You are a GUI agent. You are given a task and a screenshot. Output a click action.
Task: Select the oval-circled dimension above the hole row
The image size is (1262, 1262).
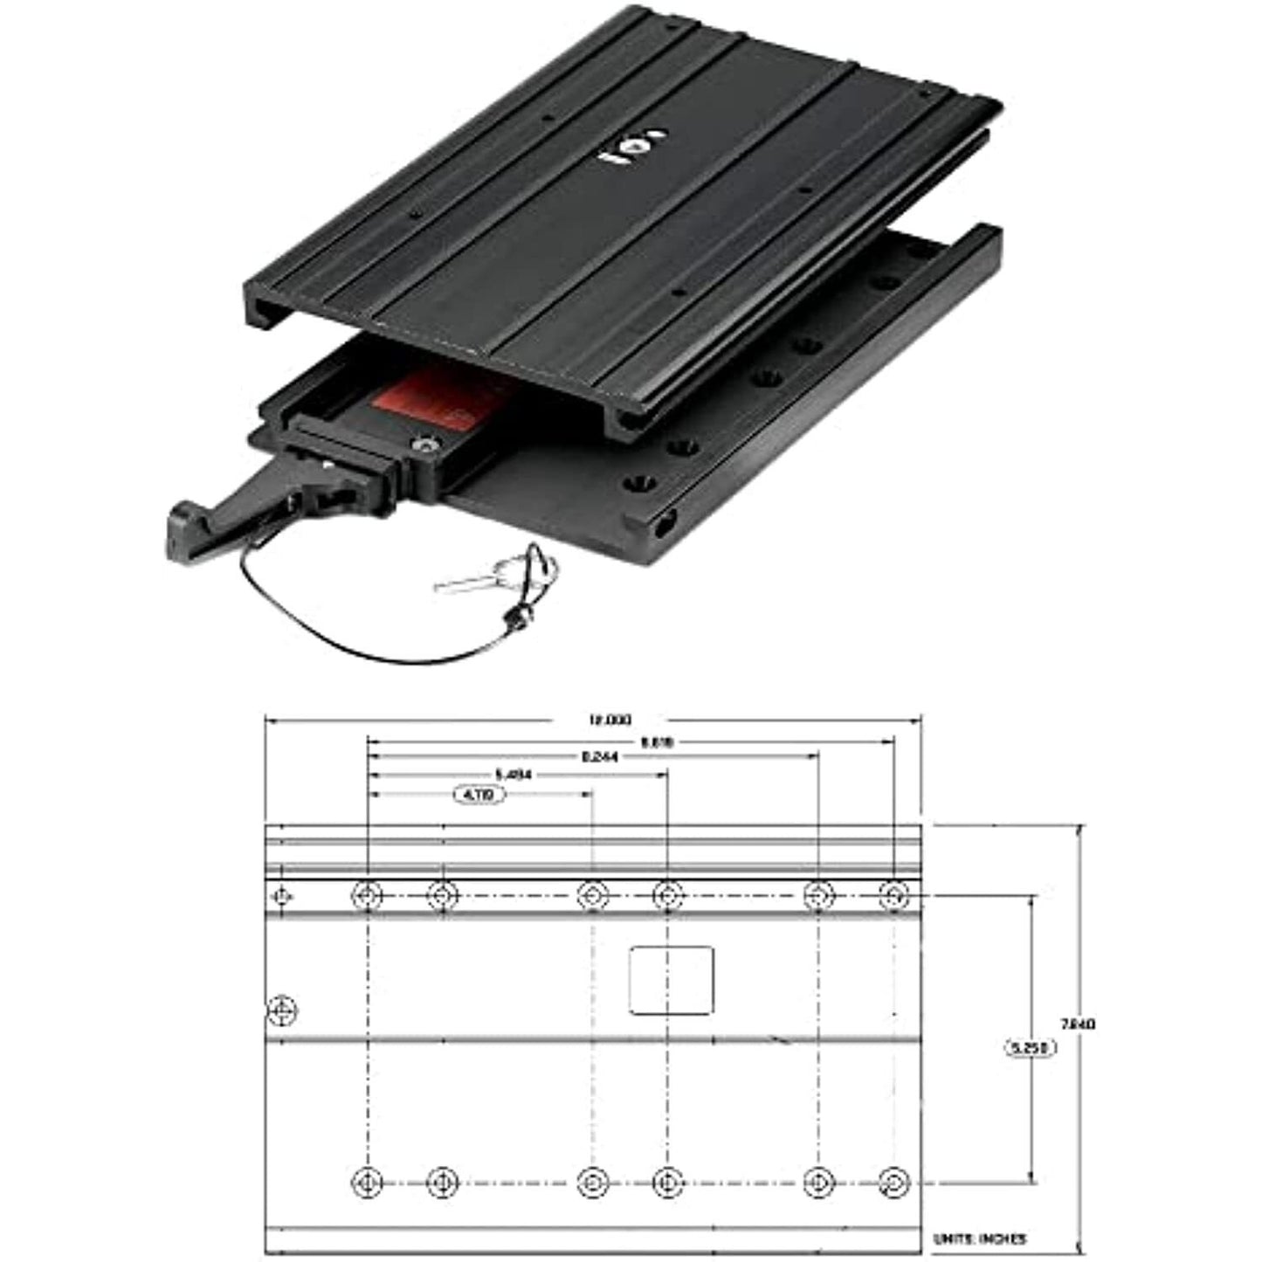click(x=479, y=795)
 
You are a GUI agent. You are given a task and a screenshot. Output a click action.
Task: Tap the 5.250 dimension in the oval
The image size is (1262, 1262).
click(x=1030, y=1047)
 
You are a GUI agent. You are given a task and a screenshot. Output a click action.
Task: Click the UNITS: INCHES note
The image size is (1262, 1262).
click(x=979, y=1238)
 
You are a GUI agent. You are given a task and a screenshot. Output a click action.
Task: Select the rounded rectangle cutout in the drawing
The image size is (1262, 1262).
click(x=671, y=980)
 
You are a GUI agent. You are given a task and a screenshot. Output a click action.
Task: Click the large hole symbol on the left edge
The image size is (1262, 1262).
click(x=281, y=1010)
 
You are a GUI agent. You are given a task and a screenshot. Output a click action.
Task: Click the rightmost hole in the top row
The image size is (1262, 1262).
click(x=893, y=895)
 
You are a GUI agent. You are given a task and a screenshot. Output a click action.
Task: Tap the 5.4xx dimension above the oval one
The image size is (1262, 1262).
click(x=513, y=774)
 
